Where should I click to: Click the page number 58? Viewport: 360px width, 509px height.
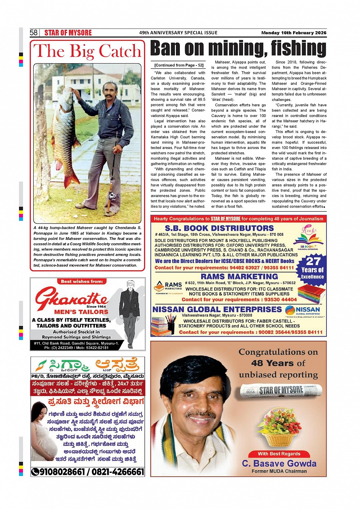point(34,33)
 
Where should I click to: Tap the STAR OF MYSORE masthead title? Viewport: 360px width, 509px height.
point(68,33)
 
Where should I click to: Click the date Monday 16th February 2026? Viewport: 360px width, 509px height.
point(294,33)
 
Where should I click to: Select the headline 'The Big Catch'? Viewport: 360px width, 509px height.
point(88,51)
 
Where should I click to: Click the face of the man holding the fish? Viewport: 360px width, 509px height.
point(110,92)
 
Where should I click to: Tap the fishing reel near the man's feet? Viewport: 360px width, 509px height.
point(112,197)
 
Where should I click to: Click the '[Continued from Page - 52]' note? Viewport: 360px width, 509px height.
point(179,65)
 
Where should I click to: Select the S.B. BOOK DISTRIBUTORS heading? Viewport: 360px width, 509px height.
point(219,228)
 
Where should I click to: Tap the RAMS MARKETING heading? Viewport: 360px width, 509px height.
point(239,276)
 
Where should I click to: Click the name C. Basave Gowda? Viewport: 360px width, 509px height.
point(279,463)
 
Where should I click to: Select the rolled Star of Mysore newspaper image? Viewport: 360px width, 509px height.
point(281,390)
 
